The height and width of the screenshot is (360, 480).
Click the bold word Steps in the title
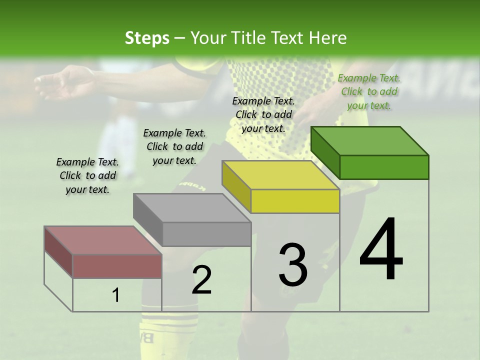(x=147, y=38)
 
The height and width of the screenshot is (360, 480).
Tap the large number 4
(x=381, y=250)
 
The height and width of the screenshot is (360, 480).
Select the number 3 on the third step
(x=293, y=264)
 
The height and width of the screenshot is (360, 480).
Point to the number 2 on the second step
(x=201, y=280)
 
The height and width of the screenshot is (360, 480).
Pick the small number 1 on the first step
(x=116, y=295)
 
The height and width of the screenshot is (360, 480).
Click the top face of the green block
(x=369, y=140)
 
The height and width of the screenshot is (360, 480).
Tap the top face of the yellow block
(x=280, y=175)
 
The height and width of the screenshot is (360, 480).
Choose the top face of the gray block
(x=192, y=207)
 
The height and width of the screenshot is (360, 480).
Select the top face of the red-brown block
(x=103, y=240)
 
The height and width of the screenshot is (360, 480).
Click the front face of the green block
(x=384, y=167)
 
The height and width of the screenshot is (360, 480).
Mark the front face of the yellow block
(x=295, y=201)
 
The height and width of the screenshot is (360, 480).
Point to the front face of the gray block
(x=206, y=234)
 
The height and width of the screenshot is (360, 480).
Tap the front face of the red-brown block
(x=117, y=266)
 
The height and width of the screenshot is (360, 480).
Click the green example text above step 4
(x=369, y=91)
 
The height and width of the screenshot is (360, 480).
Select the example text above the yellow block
(x=263, y=114)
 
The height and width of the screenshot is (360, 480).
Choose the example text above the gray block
(x=174, y=146)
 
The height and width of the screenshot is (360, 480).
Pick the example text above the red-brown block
(x=87, y=175)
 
